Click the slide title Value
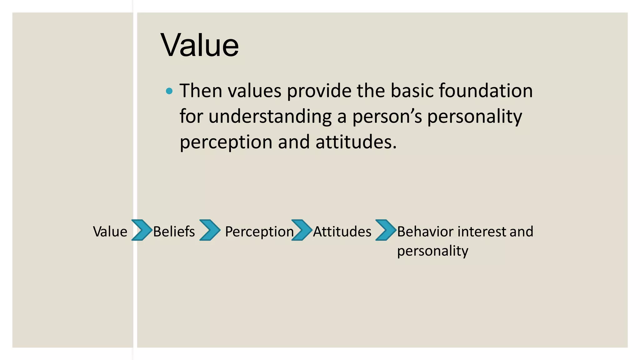pyautogui.click(x=200, y=46)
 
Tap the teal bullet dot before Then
pyautogui.click(x=169, y=91)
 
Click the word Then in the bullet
pyautogui.click(x=201, y=91)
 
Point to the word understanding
pyautogui.click(x=270, y=116)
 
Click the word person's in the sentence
pyautogui.click(x=387, y=117)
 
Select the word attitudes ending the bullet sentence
pyautogui.click(x=356, y=142)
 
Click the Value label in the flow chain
pyautogui.click(x=110, y=232)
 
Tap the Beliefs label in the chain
pyautogui.click(x=174, y=232)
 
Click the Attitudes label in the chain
pyautogui.click(x=342, y=232)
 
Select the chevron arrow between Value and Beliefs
pyautogui.click(x=142, y=230)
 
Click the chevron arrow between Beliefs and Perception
pyautogui.click(x=210, y=230)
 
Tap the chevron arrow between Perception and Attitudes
pyautogui.click(x=302, y=230)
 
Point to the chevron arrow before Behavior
pyautogui.click(x=386, y=230)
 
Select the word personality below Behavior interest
pyautogui.click(x=432, y=251)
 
